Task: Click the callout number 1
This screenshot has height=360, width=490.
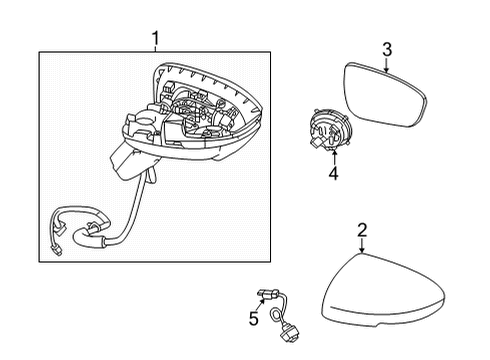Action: pyautogui.click(x=155, y=39)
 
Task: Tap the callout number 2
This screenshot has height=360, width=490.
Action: pyautogui.click(x=362, y=231)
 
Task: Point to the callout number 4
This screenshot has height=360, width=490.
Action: pyautogui.click(x=333, y=173)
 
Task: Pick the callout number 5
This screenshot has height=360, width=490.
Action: pyautogui.click(x=254, y=319)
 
